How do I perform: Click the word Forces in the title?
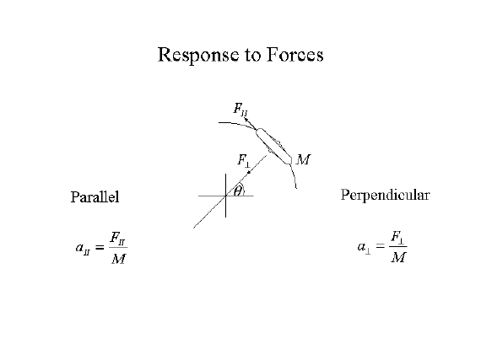295,55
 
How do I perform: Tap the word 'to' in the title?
252,56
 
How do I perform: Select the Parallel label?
95,196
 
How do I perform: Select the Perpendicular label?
386,195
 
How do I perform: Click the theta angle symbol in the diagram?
238,191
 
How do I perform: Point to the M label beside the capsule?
303,159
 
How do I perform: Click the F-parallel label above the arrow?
240,109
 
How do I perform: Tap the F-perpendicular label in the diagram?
244,161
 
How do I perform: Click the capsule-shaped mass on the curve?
273,146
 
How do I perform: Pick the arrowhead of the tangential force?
246,119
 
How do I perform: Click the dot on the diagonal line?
249,173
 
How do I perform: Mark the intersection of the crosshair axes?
226,196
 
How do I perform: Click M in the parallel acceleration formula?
118,259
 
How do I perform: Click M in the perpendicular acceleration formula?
398,257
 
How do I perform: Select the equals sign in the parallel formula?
99,247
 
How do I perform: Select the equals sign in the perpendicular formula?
380,245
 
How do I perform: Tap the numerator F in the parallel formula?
117,238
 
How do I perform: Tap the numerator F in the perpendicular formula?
397,237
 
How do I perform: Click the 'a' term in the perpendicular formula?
364,248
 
